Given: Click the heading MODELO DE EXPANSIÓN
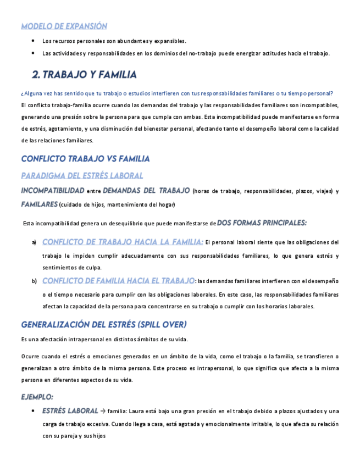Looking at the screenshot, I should click(x=64, y=26).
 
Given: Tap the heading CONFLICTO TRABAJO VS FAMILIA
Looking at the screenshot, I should click(x=85, y=159).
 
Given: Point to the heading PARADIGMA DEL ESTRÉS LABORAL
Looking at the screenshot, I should click(x=82, y=175).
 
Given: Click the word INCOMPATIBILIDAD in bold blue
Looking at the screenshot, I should click(x=53, y=191).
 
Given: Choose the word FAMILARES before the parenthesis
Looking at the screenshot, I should click(x=39, y=204).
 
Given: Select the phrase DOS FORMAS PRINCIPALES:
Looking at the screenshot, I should click(x=262, y=223).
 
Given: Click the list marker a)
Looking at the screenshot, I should click(x=34, y=242).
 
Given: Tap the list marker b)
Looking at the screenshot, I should click(x=34, y=281).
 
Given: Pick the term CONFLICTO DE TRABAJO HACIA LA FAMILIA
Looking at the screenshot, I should click(x=123, y=242).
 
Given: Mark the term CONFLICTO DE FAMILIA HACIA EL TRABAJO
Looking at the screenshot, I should click(x=118, y=281).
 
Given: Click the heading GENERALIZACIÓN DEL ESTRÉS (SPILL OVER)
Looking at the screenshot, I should click(x=104, y=324).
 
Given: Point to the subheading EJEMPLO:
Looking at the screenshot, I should click(x=37, y=397).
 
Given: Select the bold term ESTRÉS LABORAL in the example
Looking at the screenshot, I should click(x=70, y=410).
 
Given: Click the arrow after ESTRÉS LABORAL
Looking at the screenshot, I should click(x=103, y=410).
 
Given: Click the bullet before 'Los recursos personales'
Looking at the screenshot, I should click(x=34, y=41).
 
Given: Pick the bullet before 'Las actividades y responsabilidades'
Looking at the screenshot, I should click(x=34, y=53).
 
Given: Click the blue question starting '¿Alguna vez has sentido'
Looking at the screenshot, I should click(x=177, y=93).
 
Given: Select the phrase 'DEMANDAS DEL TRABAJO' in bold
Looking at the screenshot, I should click(x=146, y=191).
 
